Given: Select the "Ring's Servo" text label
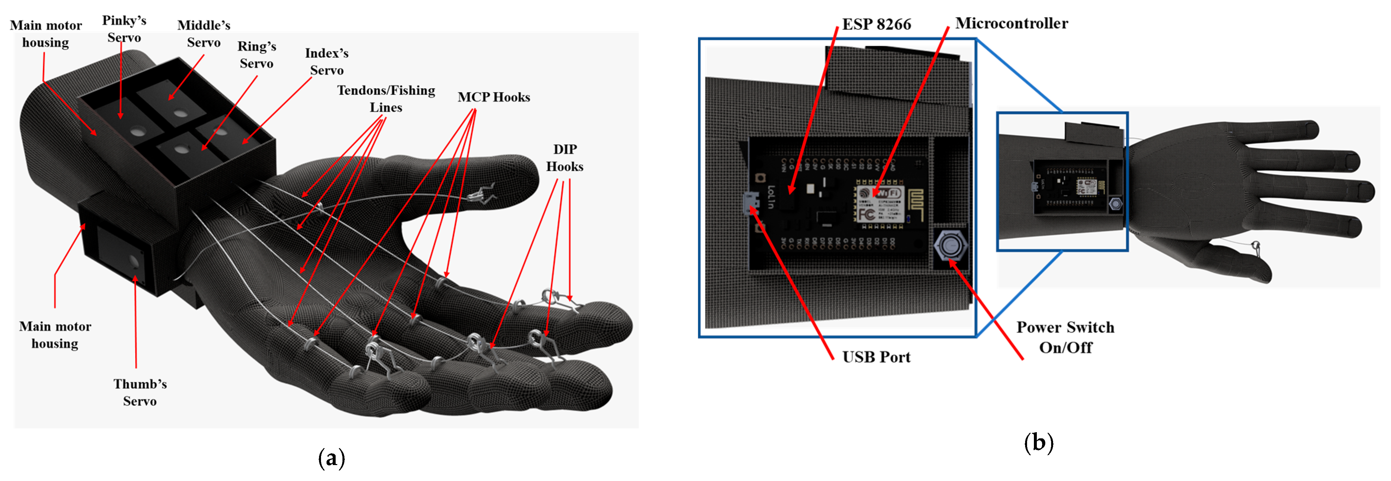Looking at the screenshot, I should click(x=257, y=55).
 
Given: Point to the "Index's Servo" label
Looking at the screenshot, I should click(x=327, y=62).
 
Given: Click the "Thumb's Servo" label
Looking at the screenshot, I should click(x=140, y=392).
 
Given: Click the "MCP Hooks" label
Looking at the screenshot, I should click(x=494, y=97).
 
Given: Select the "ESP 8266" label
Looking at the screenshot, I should click(x=876, y=24).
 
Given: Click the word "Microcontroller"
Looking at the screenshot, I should click(x=1011, y=23).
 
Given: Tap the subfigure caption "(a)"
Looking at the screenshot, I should click(x=331, y=458).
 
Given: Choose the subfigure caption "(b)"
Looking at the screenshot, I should click(x=1038, y=443).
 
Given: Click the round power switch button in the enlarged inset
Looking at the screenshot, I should click(x=950, y=246).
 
